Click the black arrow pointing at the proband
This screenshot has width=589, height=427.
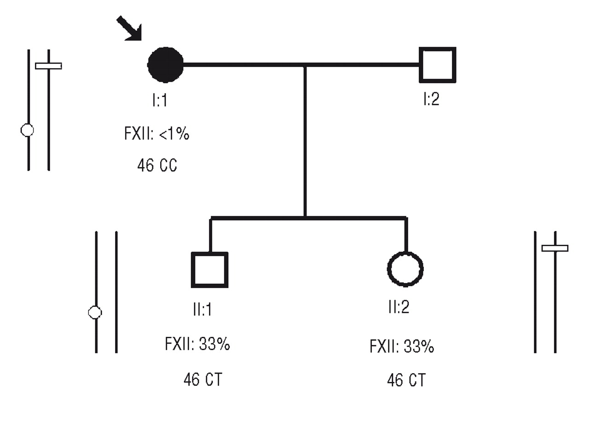point(129,28)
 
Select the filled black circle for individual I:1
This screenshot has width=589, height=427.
point(166,65)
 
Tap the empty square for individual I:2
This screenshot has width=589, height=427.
point(437,65)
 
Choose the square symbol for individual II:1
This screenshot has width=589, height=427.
point(210,270)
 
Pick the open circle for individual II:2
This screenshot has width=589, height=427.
point(405,269)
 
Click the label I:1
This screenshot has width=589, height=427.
point(160,100)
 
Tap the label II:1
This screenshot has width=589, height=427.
point(202,309)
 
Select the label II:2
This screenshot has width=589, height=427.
point(398,307)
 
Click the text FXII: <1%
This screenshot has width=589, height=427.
point(156,134)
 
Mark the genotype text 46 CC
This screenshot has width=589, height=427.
point(157,165)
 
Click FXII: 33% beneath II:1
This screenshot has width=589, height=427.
point(197,344)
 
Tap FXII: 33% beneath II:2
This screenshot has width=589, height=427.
point(402,346)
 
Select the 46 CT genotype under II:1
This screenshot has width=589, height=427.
point(202,380)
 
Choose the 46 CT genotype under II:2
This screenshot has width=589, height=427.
point(406,380)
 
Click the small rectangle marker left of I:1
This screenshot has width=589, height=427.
point(48,66)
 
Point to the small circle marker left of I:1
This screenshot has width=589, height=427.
point(28,130)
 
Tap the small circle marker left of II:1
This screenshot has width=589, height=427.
point(95,312)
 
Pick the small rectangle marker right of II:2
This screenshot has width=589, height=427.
point(555,248)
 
